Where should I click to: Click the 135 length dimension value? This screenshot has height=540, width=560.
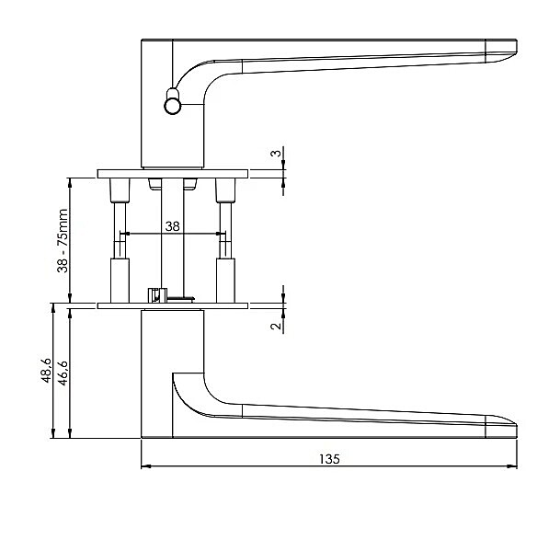coord(329,459)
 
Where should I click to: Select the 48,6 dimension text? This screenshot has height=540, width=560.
coord(47,370)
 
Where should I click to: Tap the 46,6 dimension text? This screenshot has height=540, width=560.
coord(63,373)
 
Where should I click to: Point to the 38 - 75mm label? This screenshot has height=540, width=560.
coord(63,240)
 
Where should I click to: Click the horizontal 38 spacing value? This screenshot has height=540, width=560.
coord(173,226)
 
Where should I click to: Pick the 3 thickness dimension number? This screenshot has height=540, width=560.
coord(276,154)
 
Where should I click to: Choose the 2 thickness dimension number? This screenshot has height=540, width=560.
coord(276,326)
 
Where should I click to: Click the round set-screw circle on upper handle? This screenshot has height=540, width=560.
coord(173,106)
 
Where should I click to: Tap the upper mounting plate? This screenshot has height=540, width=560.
coord(173,174)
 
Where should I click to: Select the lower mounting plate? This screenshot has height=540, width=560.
coord(173,306)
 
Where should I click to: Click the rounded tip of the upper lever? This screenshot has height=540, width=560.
coord(515,48)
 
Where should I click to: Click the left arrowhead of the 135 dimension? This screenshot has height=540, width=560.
coord(145,466)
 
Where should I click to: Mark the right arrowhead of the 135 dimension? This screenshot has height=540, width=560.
coord(513,466)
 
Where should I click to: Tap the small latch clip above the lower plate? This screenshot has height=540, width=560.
coord(157,295)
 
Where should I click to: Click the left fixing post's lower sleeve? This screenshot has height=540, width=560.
coord(120,281)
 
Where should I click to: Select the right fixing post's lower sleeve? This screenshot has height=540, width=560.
coord(225,281)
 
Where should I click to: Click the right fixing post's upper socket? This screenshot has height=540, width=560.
coord(225,190)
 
